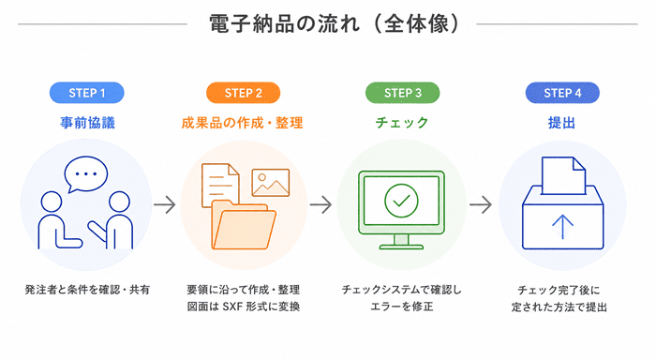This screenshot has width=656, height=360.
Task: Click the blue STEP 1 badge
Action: click(86, 93)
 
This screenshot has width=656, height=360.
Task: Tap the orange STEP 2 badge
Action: click(243, 93)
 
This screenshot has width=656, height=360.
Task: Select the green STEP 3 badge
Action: click(402, 93)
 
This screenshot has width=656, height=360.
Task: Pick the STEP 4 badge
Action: click(562, 93)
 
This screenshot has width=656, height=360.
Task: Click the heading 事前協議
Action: click(87, 123)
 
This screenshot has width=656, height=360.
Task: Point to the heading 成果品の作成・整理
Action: click(242, 123)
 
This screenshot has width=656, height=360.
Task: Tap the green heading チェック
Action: click(402, 123)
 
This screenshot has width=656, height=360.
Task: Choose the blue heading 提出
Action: click(562, 123)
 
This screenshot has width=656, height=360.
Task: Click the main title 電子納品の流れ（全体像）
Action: click(334, 23)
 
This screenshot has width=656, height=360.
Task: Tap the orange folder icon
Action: click(244, 225)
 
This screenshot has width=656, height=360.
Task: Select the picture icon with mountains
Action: click(271, 183)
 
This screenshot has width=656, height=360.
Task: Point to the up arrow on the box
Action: click(562, 227)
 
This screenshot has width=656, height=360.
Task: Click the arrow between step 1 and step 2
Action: click(164, 204)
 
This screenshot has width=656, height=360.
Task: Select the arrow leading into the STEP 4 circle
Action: click(481, 204)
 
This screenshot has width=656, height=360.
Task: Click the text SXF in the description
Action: click(232, 307)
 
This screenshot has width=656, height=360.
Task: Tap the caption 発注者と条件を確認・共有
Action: click(87, 290)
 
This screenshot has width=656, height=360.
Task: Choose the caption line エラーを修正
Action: click(402, 307)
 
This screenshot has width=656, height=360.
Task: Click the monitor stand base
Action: click(401, 247)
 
